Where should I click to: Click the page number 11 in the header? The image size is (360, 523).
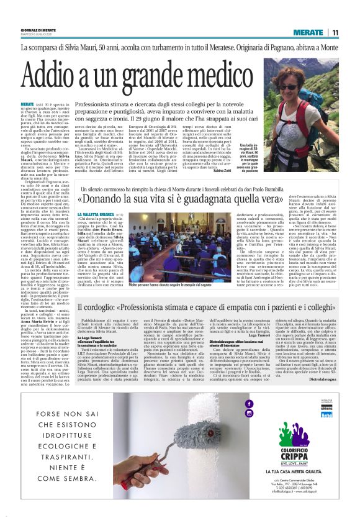tap(335, 32)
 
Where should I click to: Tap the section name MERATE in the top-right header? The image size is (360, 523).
tap(308, 32)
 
